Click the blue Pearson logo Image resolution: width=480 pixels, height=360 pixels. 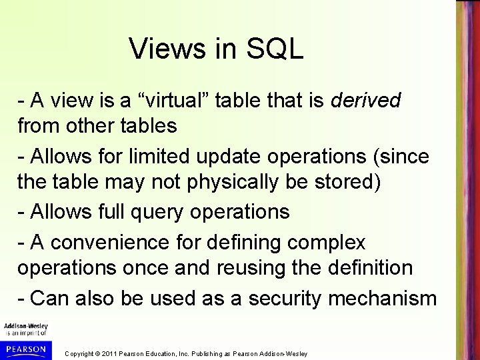click(x=25, y=349)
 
